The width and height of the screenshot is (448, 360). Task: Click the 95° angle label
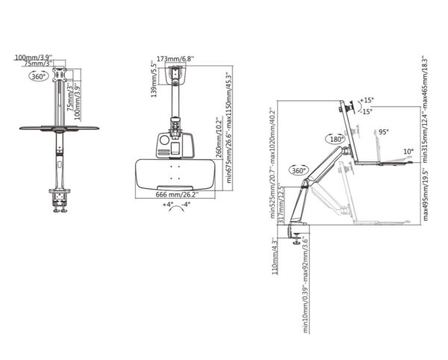384,131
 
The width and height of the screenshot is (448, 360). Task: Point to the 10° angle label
408,152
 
